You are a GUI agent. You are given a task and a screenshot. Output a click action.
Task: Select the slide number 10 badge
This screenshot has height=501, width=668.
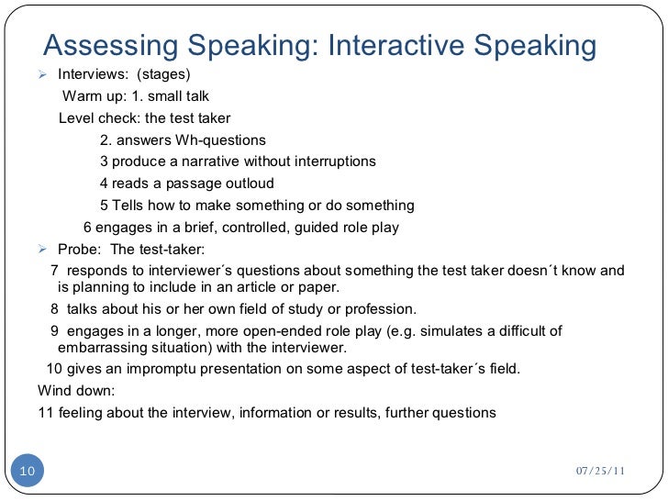point(27,471)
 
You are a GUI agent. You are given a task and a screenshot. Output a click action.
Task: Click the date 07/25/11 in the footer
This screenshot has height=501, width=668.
point(600,471)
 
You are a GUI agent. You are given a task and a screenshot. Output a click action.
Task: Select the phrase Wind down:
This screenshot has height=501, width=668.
point(76,391)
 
